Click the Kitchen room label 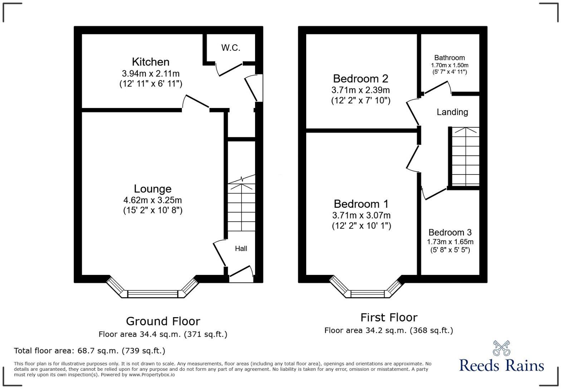coord(151,62)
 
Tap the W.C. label coord(230,48)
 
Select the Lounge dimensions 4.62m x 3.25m coord(152,200)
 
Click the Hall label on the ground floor coord(241,248)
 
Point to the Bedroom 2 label coord(360,78)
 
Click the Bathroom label coord(449,58)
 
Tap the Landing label coord(452,112)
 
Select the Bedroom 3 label coord(450,232)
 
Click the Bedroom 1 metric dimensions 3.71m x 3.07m coord(361,216)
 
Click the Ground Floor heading coord(163,321)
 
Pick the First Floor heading coord(389,317)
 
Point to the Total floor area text coord(89,351)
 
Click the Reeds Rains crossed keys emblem coord(501,348)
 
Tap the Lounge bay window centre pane coord(153,294)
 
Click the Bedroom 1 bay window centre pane coord(367,294)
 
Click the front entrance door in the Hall coord(241,272)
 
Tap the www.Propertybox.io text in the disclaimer coord(152,375)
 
